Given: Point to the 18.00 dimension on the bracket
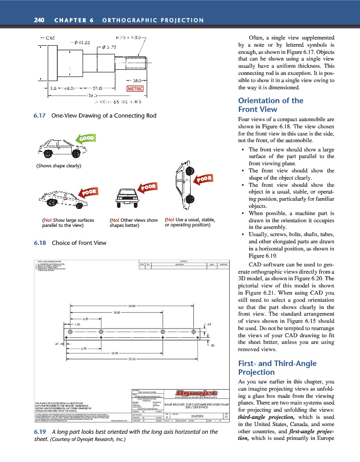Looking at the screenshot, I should point(118,312).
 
